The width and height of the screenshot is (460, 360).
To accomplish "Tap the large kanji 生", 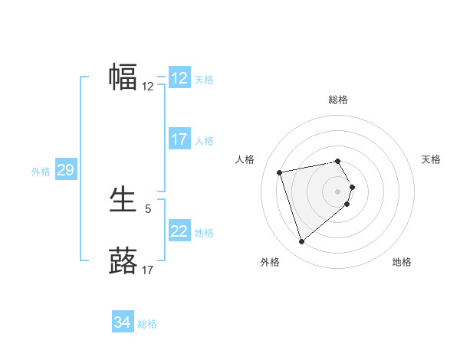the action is tap(123, 201).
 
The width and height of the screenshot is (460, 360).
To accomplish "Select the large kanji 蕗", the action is tap(123, 260).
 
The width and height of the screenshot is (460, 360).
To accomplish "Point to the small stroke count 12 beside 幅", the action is tap(148, 87).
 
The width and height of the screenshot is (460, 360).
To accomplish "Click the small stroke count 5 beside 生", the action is tap(148, 208).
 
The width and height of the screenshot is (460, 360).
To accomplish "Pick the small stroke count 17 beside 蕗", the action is tap(148, 270).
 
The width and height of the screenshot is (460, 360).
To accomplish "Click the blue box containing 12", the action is tap(179, 78).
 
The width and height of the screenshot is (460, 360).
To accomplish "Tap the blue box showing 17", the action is tap(179, 139).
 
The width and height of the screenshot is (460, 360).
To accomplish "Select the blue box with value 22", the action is tap(179, 231).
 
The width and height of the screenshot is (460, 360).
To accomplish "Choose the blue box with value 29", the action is tap(65, 170).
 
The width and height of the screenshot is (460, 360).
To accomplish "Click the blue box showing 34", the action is tap(122, 323).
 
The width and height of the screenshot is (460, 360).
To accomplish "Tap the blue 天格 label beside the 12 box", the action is tap(204, 79).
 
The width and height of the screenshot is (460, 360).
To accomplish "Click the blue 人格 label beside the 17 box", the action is tap(204, 140).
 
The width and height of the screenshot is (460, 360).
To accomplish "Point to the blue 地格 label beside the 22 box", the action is tap(204, 232).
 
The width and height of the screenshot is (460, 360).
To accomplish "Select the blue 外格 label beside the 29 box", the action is tap(41, 172).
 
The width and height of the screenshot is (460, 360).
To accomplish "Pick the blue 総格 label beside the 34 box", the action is tap(147, 324).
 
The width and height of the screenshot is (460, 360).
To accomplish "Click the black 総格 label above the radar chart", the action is tap(338, 100).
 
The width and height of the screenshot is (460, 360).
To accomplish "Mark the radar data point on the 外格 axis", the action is tap(301, 242).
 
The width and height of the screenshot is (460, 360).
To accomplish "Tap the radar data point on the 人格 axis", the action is tap(280, 172).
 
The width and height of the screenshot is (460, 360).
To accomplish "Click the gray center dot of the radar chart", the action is tap(338, 190).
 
